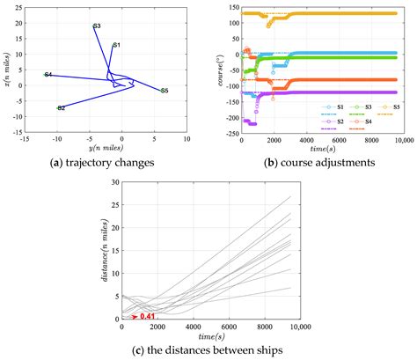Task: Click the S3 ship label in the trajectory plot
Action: click(96, 26)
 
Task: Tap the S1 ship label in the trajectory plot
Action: click(117, 44)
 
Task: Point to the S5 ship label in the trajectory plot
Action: click(165, 91)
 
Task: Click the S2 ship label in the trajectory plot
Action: click(61, 108)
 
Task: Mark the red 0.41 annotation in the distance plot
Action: click(149, 314)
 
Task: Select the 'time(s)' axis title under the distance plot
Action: click(209, 337)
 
